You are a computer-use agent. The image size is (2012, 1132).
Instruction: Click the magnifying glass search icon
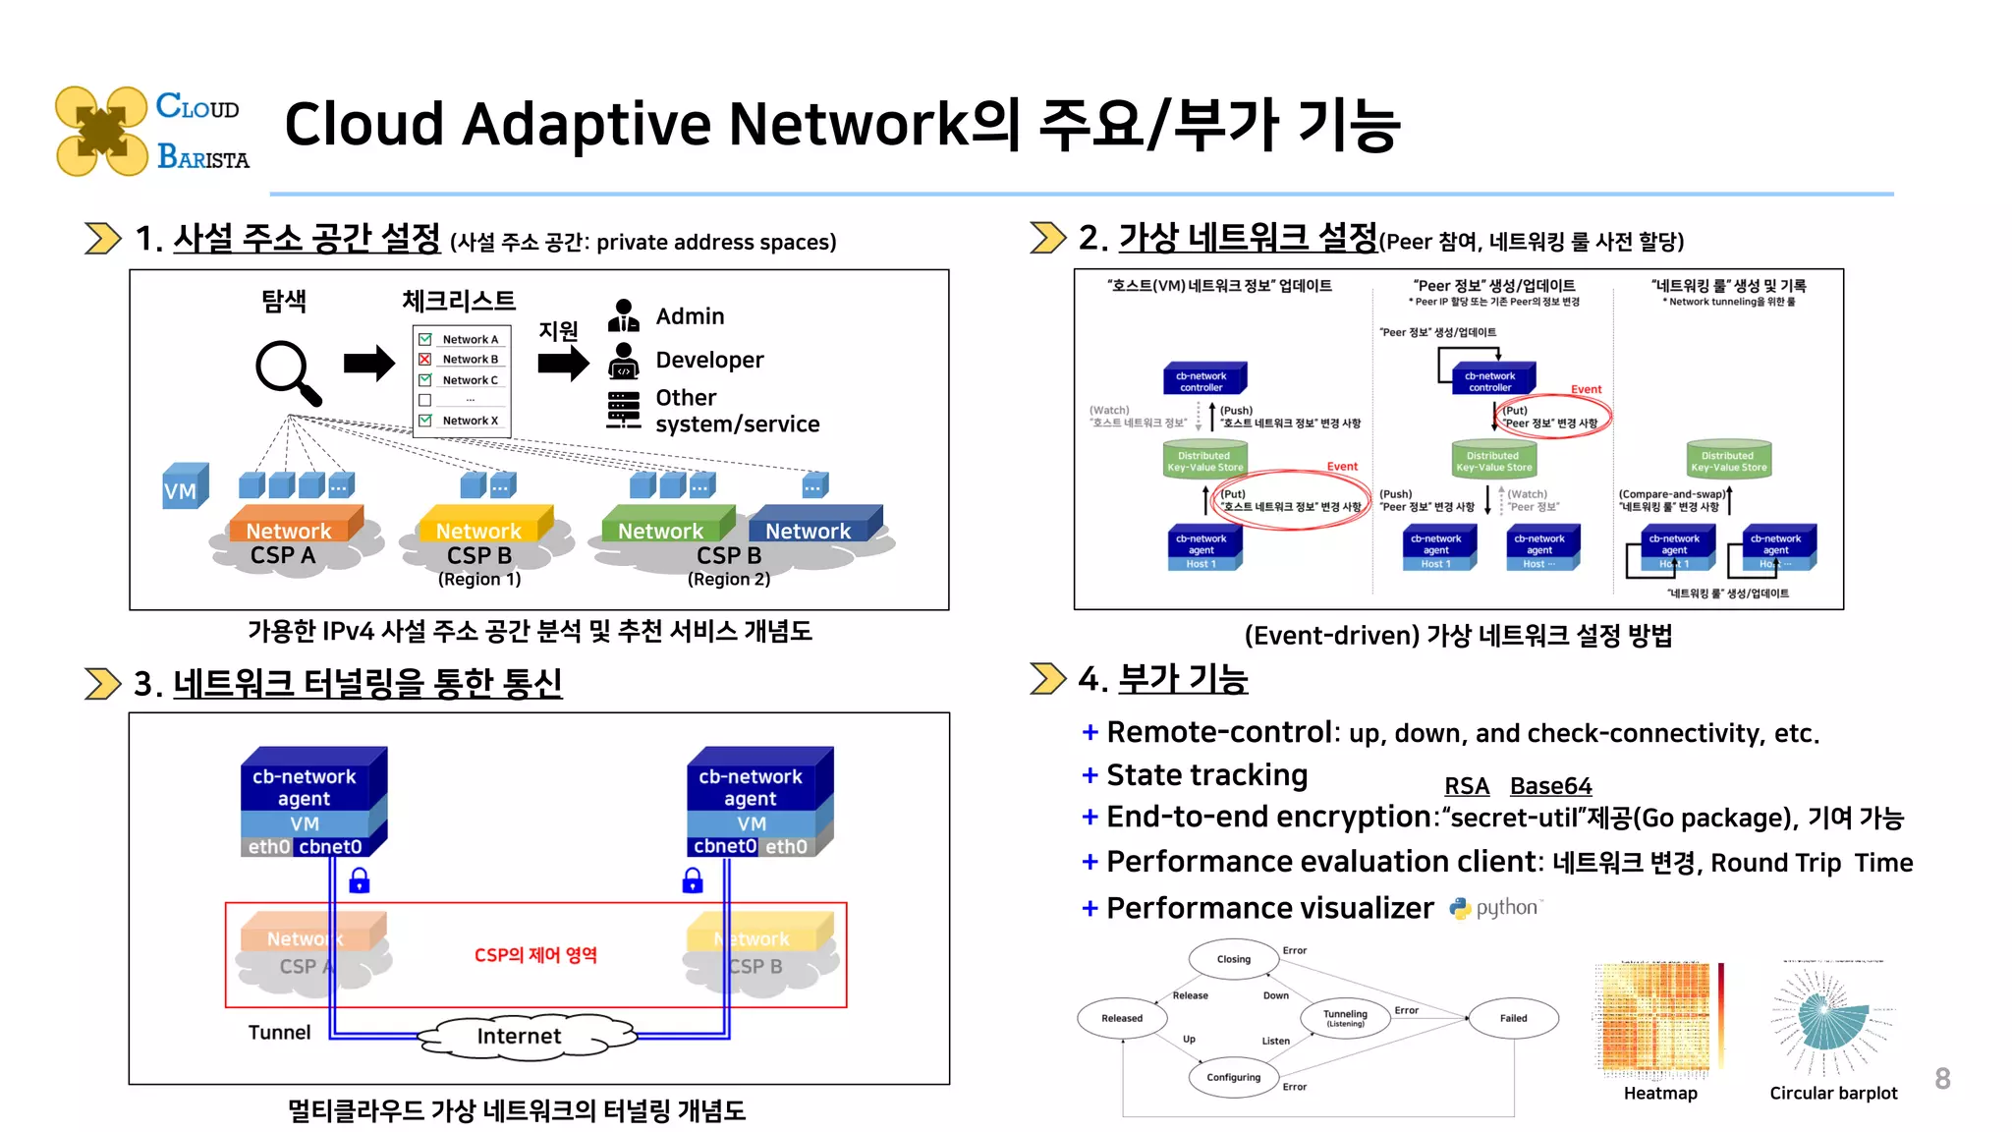287,371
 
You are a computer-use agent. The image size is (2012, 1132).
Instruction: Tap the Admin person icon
623,316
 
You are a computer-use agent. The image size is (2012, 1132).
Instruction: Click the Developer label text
709,360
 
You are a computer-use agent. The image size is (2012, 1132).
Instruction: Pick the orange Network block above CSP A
293,526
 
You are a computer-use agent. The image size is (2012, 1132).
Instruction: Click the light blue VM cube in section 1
184,487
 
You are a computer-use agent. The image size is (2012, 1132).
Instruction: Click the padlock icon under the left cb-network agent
360,880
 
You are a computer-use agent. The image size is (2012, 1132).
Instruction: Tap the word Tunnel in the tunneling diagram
279,1033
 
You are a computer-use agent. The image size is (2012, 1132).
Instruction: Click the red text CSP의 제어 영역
535,955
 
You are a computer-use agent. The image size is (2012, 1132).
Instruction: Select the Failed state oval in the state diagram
1513,1018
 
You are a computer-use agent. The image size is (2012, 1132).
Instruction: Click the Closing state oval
1233,959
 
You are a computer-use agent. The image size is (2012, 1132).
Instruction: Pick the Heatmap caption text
1659,1094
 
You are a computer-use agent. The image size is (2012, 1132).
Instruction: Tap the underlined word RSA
1466,786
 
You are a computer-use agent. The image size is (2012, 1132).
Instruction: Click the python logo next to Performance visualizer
1460,908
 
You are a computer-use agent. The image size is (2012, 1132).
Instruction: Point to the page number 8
1942,1079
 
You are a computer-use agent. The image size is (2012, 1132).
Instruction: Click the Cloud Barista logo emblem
101,132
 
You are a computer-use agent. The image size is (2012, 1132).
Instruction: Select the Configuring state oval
1233,1077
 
